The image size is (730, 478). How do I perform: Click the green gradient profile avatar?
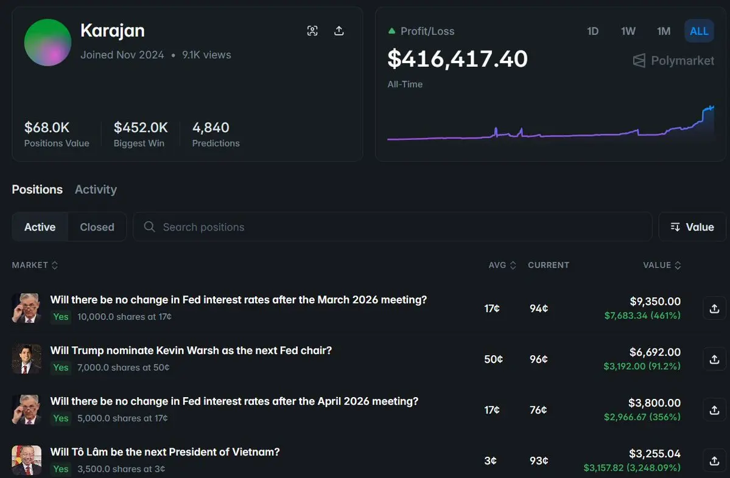pos(47,43)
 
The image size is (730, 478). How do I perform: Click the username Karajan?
pos(113,31)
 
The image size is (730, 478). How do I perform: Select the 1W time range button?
pos(628,31)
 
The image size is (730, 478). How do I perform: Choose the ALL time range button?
pos(699,31)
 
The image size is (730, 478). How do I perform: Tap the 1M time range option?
pos(664,31)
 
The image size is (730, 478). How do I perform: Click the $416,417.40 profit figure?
pos(457,59)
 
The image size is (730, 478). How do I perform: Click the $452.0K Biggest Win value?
pos(141,128)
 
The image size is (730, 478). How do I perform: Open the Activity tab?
pos(96,190)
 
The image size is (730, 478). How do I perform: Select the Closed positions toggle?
pos(97,227)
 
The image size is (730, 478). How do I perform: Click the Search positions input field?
pos(392,227)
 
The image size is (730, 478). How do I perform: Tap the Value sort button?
pos(692,227)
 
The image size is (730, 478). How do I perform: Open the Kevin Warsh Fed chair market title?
pos(191,350)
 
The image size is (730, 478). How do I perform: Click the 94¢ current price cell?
pos(539,308)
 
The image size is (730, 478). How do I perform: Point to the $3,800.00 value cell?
pos(655,403)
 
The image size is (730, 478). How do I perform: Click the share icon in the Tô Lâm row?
pos(715,460)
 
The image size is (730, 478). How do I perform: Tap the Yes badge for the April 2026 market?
pos(61,418)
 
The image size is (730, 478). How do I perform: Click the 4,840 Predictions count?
pos(211,128)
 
